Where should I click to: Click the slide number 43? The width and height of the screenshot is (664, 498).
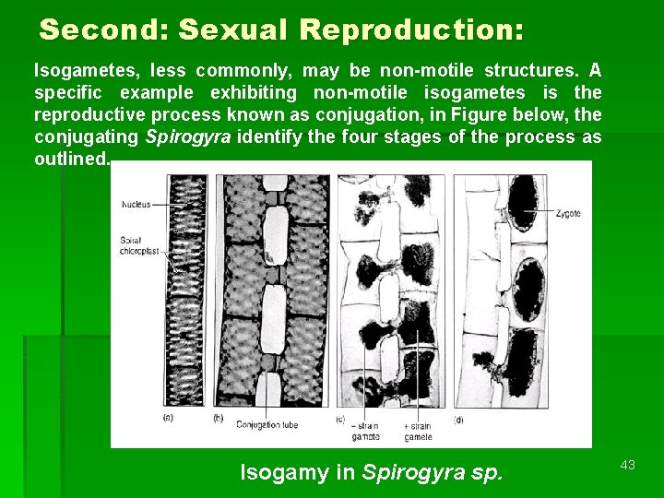click(x=628, y=465)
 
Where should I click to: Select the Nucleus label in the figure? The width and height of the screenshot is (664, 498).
click(x=136, y=204)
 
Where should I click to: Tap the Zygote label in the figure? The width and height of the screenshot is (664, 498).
click(x=568, y=213)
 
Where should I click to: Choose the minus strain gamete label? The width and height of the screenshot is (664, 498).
click(x=367, y=430)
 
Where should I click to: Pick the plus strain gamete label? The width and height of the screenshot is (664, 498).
click(x=419, y=430)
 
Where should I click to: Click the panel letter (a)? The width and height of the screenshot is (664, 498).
click(x=168, y=419)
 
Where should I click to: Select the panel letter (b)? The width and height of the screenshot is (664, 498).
click(x=219, y=419)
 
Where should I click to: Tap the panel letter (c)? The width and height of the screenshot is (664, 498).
click(x=341, y=419)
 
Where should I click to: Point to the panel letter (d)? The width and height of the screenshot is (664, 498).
click(x=459, y=419)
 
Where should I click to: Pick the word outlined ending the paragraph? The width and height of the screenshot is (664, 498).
click(x=70, y=159)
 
